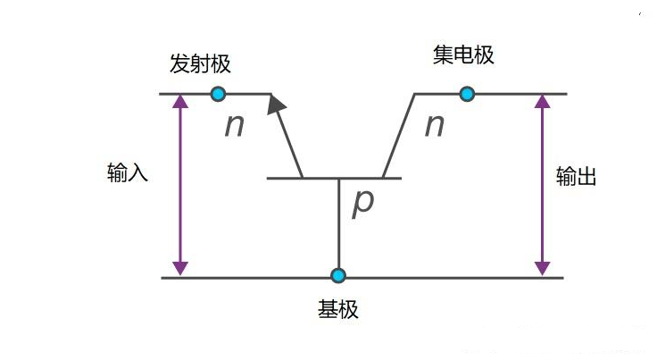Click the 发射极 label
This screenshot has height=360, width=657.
coord(200,64)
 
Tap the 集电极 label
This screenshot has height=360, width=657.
coord(463,54)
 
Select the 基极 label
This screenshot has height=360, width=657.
coord(338,309)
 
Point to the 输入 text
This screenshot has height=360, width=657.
coord(128,172)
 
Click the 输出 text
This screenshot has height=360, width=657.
coord(576,176)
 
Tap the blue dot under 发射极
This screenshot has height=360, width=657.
coord(218,94)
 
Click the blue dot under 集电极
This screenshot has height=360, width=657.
coord(467,94)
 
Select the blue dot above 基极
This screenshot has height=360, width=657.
coord(338,275)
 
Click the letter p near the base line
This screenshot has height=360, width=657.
coord(362,203)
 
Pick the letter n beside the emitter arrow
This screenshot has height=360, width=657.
coord(234,125)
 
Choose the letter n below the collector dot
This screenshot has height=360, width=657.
coord(435,125)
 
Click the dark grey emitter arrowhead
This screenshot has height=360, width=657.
coord(276,104)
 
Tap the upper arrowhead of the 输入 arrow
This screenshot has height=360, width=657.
coord(180,102)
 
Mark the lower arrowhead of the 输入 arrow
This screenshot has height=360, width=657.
coord(180,268)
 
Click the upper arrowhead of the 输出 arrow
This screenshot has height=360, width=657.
coord(542,102)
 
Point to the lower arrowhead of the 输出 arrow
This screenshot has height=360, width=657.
coord(542,268)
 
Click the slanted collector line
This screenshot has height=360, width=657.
coord(399,136)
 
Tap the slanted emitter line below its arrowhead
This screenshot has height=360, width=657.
coord(291,146)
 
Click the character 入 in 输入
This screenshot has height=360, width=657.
coord(137,172)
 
